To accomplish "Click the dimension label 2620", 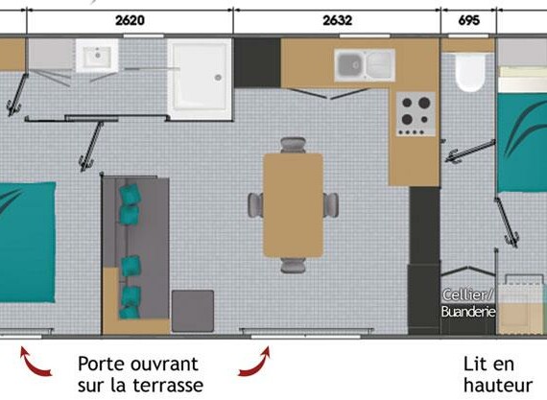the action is pyautogui.click(x=130, y=20).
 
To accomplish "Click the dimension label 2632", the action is pyautogui.click(x=337, y=20).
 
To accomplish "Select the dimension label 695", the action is pyautogui.click(x=468, y=20).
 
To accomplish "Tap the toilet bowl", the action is pyautogui.click(x=470, y=72).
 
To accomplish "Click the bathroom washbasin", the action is pyautogui.click(x=97, y=56).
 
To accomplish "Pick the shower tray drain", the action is pyautogui.click(x=219, y=78).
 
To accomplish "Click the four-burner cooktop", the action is pyautogui.click(x=416, y=114).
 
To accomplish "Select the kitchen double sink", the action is pyautogui.click(x=365, y=65).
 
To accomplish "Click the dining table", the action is pyautogui.click(x=293, y=205).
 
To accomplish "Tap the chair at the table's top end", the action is pyautogui.click(x=293, y=145).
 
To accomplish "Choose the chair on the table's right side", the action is pyautogui.click(x=331, y=205).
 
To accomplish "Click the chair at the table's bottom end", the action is pyautogui.click(x=293, y=265).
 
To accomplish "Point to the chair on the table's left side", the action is pyautogui.click(x=255, y=205).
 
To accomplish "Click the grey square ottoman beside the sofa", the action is pyautogui.click(x=193, y=311).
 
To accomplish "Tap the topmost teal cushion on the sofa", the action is pyautogui.click(x=131, y=194).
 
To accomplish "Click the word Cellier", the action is pyautogui.click(x=467, y=295).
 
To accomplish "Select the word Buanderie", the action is pyautogui.click(x=468, y=312).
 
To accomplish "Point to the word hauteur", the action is pyautogui.click(x=498, y=386).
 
